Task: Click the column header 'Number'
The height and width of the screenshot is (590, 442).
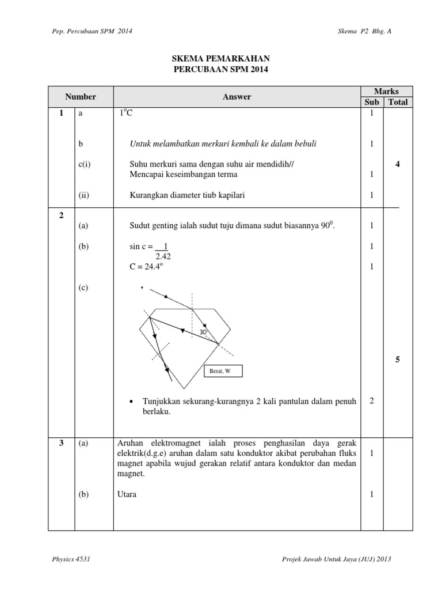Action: click(x=80, y=97)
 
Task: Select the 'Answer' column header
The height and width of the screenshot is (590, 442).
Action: click(x=237, y=97)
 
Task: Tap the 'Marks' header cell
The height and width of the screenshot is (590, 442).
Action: click(x=386, y=92)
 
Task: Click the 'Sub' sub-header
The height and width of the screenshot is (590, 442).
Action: click(x=372, y=102)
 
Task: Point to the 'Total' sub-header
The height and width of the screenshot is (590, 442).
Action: click(x=398, y=102)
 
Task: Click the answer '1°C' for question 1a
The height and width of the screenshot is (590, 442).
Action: click(x=125, y=114)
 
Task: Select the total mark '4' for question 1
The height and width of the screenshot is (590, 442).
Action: click(x=398, y=164)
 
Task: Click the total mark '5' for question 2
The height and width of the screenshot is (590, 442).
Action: click(x=398, y=360)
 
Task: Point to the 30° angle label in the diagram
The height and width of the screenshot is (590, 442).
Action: click(x=203, y=332)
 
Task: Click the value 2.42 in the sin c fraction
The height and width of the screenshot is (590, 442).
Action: click(x=163, y=257)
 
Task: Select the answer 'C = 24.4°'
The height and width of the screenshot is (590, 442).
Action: click(x=149, y=267)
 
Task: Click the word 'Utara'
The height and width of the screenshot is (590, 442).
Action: click(x=127, y=494)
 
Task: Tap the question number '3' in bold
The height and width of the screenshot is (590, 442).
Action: click(x=61, y=443)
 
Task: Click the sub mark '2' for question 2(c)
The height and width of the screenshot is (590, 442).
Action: click(x=372, y=401)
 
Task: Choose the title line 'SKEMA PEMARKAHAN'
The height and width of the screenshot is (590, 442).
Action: click(x=221, y=59)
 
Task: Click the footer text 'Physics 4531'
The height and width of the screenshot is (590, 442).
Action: click(x=71, y=559)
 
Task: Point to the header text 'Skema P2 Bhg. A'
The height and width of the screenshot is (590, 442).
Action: click(x=364, y=31)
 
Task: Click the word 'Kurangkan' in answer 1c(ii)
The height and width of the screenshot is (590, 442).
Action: click(x=147, y=195)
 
